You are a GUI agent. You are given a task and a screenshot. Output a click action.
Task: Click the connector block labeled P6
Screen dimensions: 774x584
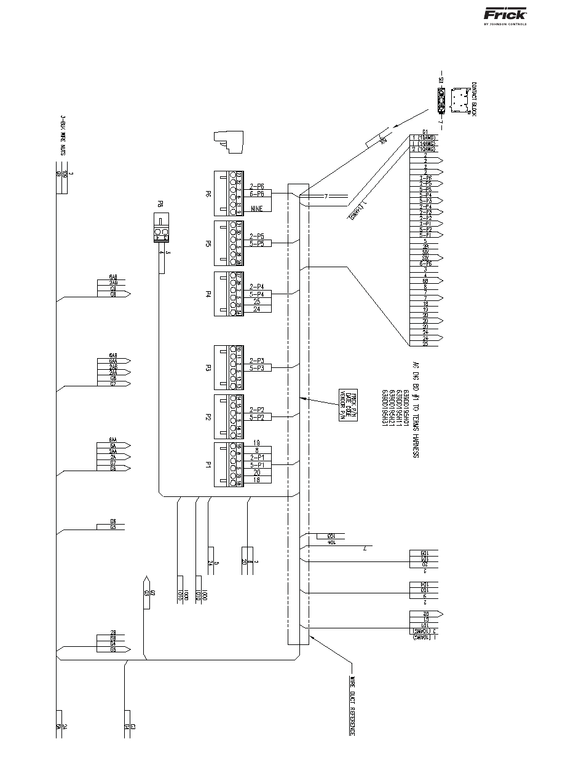coord(229,193)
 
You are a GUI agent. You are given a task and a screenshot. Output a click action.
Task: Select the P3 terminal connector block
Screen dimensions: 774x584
coord(229,367)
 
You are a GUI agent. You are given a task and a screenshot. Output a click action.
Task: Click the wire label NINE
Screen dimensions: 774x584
coord(257,209)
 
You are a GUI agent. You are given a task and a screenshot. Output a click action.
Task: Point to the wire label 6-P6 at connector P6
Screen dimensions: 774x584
coord(257,193)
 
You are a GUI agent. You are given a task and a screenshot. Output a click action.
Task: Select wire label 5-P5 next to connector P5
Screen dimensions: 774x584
coord(257,243)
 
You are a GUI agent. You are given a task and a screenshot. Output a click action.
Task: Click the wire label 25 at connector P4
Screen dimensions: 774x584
coord(257,302)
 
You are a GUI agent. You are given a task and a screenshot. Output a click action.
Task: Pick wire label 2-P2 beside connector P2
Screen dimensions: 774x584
coord(257,410)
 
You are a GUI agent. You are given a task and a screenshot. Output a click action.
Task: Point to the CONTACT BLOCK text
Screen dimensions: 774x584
coord(474,98)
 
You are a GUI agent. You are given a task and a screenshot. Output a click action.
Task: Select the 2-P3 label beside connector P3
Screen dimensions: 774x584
coord(257,360)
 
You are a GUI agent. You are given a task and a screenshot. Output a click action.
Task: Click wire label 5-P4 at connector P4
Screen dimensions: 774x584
coord(257,294)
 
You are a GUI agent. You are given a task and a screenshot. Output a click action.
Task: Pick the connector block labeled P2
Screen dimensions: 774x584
coord(229,416)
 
